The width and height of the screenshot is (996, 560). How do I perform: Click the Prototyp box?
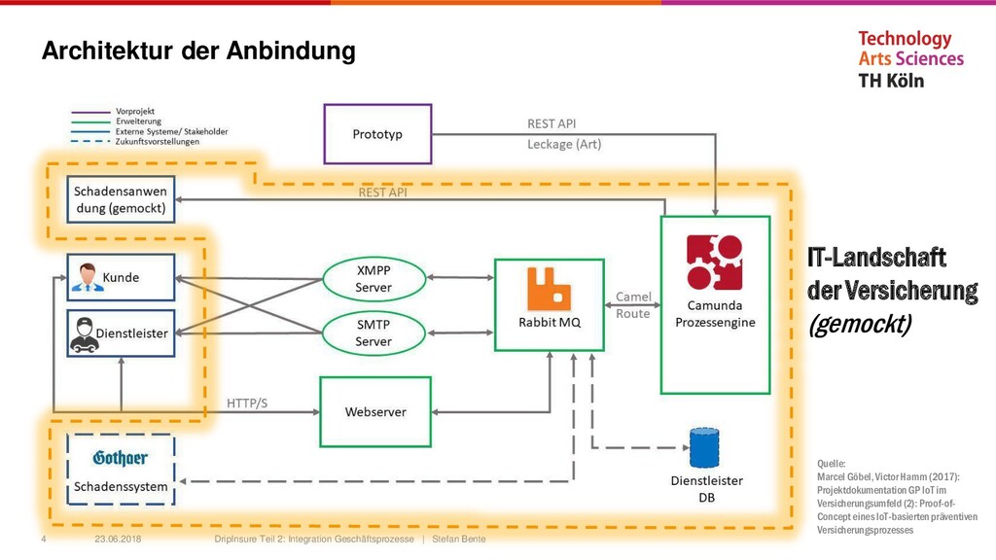(x=377, y=133)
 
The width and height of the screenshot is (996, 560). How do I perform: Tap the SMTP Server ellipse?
(x=373, y=332)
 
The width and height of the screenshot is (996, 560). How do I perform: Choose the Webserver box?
(x=375, y=411)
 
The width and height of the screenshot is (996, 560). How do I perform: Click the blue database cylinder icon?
(x=703, y=448)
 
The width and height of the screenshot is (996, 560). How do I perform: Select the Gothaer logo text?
(x=121, y=459)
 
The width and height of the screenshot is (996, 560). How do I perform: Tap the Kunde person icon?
(x=87, y=278)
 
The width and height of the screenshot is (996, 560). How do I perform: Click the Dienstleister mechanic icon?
(x=85, y=333)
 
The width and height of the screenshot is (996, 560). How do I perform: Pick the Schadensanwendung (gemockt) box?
(x=121, y=199)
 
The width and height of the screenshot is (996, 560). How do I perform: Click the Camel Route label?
(x=633, y=305)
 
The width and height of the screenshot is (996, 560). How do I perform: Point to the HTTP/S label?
(x=247, y=402)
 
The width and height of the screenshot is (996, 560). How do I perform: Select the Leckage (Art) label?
(x=564, y=144)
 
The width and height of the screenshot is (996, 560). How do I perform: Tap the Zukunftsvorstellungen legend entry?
(x=157, y=141)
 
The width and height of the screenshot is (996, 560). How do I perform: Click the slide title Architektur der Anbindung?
(x=198, y=51)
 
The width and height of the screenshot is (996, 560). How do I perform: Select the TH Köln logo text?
(x=891, y=81)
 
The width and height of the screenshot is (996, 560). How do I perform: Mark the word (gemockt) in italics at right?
(x=859, y=325)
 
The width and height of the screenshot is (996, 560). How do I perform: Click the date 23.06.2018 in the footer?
(x=117, y=539)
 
